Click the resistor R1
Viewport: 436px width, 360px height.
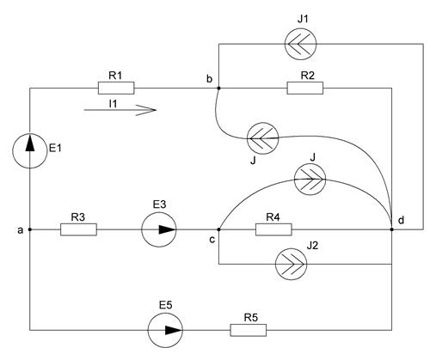116,88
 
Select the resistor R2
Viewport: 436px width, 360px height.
305,88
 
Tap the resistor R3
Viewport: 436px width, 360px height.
78,229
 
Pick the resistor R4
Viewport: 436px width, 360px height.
273,229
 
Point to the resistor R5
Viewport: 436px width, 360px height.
249,330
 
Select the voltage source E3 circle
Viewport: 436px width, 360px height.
159,229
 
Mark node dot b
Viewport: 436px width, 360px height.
218,88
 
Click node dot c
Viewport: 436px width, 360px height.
218,229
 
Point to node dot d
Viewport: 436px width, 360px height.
392,229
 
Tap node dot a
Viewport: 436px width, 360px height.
29,229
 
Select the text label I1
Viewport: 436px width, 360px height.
113,104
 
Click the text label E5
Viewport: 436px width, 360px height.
166,305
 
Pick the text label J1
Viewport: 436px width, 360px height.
303,19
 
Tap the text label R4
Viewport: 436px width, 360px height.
273,217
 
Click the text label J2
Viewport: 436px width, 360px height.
312,246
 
